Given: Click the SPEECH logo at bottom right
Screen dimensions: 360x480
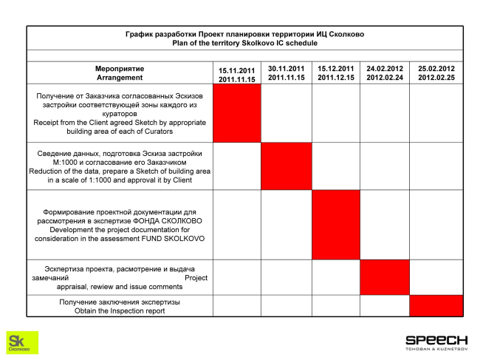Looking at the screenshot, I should pyautogui.click(x=436, y=340).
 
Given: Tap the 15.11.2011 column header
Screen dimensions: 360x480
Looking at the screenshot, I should pyautogui.click(x=236, y=73).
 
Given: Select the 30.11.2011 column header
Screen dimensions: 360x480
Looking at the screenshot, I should pyautogui.click(x=287, y=72).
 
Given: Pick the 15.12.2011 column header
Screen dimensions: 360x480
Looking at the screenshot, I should pyautogui.click(x=336, y=72).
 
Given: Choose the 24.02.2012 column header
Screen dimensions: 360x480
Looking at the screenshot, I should pyautogui.click(x=385, y=72).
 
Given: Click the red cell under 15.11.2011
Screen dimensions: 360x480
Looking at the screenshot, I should pyautogui.click(x=236, y=112).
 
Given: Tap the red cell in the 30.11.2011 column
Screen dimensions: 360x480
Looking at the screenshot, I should pyautogui.click(x=287, y=166).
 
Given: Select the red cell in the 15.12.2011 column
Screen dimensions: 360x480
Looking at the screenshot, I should pyautogui.click(x=336, y=224).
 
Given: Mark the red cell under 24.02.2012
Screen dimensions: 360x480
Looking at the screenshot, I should pyautogui.click(x=385, y=277).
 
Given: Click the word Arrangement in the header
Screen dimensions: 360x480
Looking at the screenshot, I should pyautogui.click(x=120, y=78).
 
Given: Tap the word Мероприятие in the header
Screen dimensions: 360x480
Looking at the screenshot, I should pyautogui.click(x=120, y=69).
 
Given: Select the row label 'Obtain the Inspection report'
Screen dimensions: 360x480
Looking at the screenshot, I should pyautogui.click(x=120, y=311).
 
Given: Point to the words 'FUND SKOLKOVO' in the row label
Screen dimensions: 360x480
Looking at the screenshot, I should pyautogui.click(x=174, y=239).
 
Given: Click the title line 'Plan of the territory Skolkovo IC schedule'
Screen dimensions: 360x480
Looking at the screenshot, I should pyautogui.click(x=244, y=44).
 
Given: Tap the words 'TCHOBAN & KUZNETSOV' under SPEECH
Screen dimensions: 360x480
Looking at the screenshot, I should pyautogui.click(x=436, y=349).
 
